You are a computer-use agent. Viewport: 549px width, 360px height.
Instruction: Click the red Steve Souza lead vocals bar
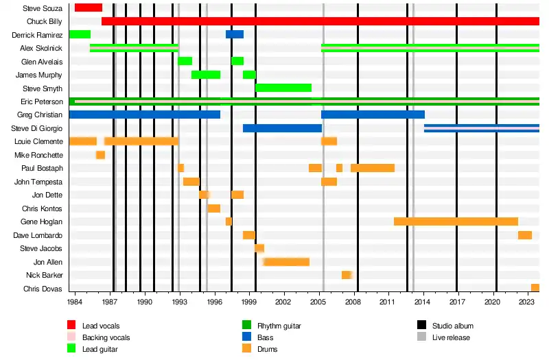pyautogui.click(x=89, y=8)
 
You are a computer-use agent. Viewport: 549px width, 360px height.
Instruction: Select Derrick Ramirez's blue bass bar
pyautogui.click(x=235, y=34)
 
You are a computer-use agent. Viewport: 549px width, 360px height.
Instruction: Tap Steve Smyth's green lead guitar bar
pyautogui.click(x=283, y=88)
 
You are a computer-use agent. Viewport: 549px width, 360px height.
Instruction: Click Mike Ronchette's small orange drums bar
pyautogui.click(x=100, y=155)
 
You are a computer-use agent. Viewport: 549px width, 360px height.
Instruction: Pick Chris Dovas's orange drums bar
pyautogui.click(x=535, y=288)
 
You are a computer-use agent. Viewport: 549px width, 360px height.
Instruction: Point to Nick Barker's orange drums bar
pyautogui.click(x=347, y=275)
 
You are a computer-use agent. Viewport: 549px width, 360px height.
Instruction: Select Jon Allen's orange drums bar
pyautogui.click(x=286, y=262)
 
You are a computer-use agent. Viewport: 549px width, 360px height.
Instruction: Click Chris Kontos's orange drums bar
pyautogui.click(x=214, y=208)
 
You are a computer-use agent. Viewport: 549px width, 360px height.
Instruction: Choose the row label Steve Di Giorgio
pyautogui.click(x=37, y=128)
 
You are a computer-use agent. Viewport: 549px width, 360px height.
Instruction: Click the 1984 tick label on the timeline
pyautogui.click(x=75, y=302)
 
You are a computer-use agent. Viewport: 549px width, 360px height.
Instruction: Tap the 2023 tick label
pyautogui.click(x=527, y=302)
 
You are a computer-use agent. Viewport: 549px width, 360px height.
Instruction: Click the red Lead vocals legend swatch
pyautogui.click(x=71, y=326)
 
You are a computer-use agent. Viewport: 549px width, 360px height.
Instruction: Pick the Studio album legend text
pyautogui.click(x=452, y=326)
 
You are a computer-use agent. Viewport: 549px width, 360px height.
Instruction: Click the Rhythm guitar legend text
pyautogui.click(x=279, y=326)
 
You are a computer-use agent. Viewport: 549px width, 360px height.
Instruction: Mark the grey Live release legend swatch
pyautogui.click(x=422, y=337)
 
